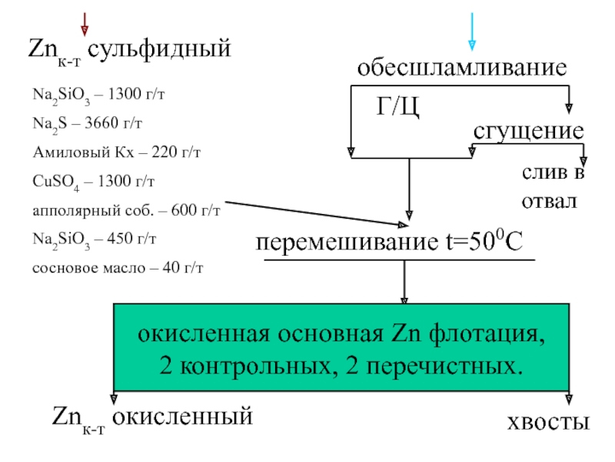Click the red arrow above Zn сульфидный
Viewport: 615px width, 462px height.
[x=84, y=23]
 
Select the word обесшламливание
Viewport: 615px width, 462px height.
[x=460, y=68]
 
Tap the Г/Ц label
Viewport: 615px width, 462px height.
[x=397, y=106]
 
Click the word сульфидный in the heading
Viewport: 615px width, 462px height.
[x=158, y=50]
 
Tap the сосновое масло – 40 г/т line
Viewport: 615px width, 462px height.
[x=117, y=267]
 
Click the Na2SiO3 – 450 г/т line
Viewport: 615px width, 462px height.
[x=94, y=239]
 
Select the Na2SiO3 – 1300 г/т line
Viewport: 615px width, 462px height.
[x=98, y=94]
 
